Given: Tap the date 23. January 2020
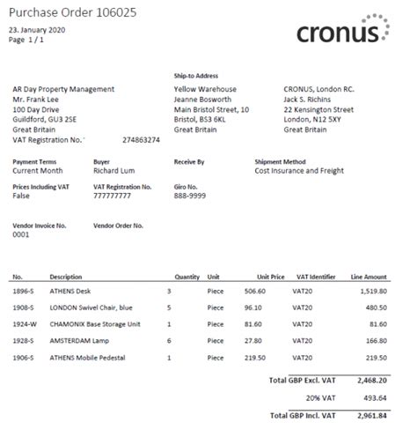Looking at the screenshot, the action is click(37, 29).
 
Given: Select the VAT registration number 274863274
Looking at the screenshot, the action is click(141, 140).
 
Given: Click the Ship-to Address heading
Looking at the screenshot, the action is click(196, 77).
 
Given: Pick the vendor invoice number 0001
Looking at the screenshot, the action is click(21, 235).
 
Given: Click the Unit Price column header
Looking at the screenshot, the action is click(269, 277).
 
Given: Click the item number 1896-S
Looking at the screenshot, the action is click(24, 291).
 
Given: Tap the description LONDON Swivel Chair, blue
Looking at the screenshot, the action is click(91, 307).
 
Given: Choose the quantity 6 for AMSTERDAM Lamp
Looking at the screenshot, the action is click(169, 341).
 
